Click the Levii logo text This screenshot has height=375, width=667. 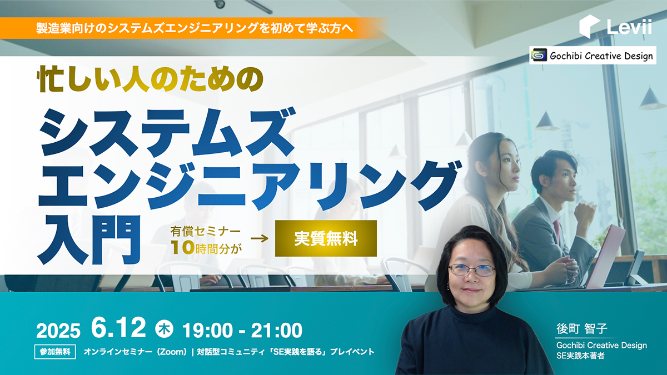[629, 27]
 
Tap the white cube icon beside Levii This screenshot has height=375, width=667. [590, 27]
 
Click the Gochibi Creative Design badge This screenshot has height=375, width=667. [593, 56]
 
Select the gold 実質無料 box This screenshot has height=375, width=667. [326, 238]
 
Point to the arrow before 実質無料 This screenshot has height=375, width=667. [260, 238]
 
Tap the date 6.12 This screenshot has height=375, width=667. [118, 328]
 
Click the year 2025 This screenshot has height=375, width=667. [58, 331]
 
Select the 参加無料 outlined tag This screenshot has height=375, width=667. [55, 352]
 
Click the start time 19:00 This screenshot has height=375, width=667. [207, 331]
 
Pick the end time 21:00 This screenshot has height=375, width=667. [277, 331]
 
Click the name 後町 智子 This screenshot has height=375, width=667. [581, 328]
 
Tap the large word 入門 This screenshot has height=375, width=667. [89, 240]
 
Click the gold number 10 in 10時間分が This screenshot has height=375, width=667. [183, 247]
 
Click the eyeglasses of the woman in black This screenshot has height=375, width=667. [472, 270]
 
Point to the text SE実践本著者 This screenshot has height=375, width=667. [580, 356]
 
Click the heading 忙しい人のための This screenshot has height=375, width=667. [151, 79]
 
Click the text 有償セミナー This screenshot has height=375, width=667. [206, 231]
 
